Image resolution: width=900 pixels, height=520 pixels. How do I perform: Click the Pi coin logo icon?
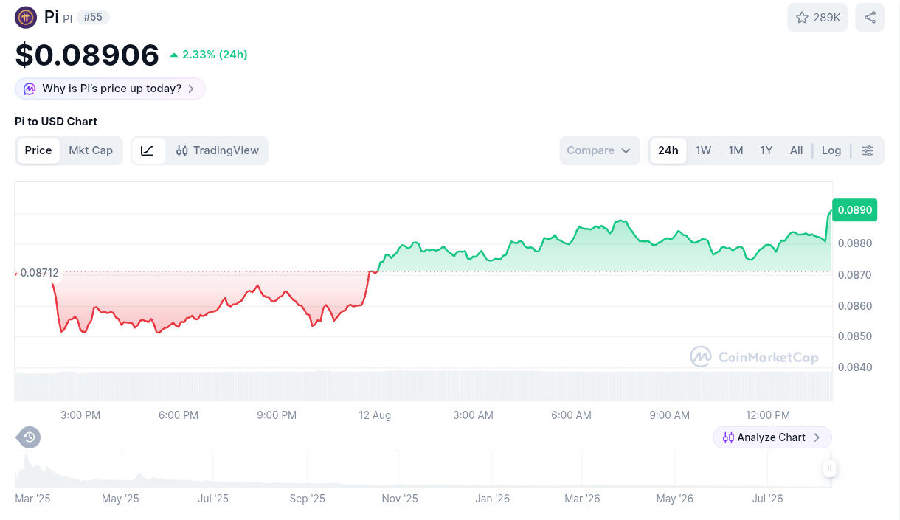(x=26, y=17)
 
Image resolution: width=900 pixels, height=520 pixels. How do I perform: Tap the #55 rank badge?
(x=93, y=17)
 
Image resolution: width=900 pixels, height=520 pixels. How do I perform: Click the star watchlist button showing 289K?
(x=817, y=17)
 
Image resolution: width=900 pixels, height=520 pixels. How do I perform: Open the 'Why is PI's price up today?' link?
(x=110, y=89)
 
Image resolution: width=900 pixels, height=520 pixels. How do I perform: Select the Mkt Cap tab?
(x=91, y=150)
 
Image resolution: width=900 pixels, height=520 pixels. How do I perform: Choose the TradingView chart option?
(x=218, y=150)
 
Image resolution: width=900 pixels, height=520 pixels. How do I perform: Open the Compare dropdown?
(x=599, y=150)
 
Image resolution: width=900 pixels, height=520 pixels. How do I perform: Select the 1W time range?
(x=703, y=150)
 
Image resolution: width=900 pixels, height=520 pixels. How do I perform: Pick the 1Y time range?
(x=766, y=150)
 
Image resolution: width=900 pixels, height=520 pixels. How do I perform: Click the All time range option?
(x=796, y=150)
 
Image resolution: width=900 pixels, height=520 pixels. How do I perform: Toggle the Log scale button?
(x=831, y=150)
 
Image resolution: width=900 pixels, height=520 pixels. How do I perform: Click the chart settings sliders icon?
(x=868, y=150)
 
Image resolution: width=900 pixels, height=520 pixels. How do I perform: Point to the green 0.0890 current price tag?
(x=854, y=209)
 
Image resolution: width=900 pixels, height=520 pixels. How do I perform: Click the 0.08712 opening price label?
(x=39, y=273)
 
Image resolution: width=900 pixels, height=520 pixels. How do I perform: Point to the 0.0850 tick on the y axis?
(x=854, y=336)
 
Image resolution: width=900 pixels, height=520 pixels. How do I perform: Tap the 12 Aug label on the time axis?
(x=375, y=415)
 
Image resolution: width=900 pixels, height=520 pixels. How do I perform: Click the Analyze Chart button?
(x=772, y=437)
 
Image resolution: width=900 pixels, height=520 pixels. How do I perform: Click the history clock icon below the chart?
(x=29, y=437)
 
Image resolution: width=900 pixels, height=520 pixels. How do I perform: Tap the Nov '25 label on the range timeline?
(x=400, y=499)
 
